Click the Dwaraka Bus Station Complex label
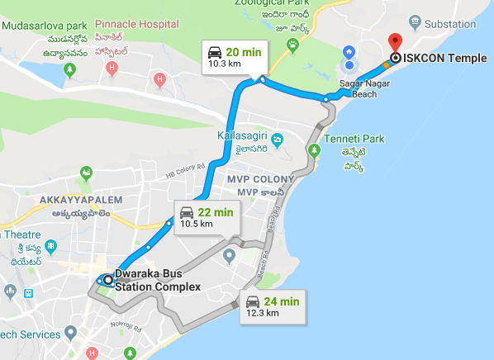[157, 281]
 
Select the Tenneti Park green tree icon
[313, 150]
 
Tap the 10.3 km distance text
[224, 63]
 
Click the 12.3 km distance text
[263, 314]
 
